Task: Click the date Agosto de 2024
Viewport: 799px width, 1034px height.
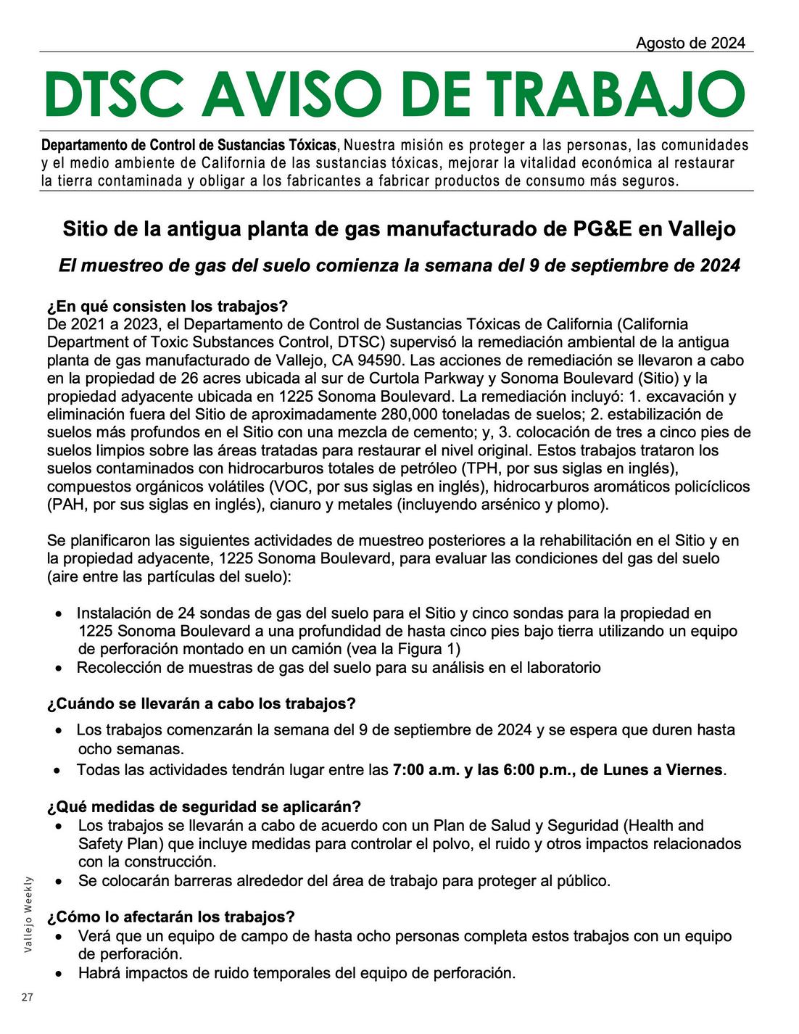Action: point(690,43)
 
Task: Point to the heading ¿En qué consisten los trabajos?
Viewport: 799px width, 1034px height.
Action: point(167,306)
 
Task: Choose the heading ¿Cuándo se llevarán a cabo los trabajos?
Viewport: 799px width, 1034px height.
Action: point(202,703)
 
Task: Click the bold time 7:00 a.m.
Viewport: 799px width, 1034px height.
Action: point(426,769)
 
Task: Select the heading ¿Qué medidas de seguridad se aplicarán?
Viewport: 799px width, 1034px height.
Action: point(204,806)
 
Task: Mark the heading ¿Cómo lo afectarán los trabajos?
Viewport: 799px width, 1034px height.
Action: point(171,917)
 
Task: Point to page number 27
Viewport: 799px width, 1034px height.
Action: point(27,998)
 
